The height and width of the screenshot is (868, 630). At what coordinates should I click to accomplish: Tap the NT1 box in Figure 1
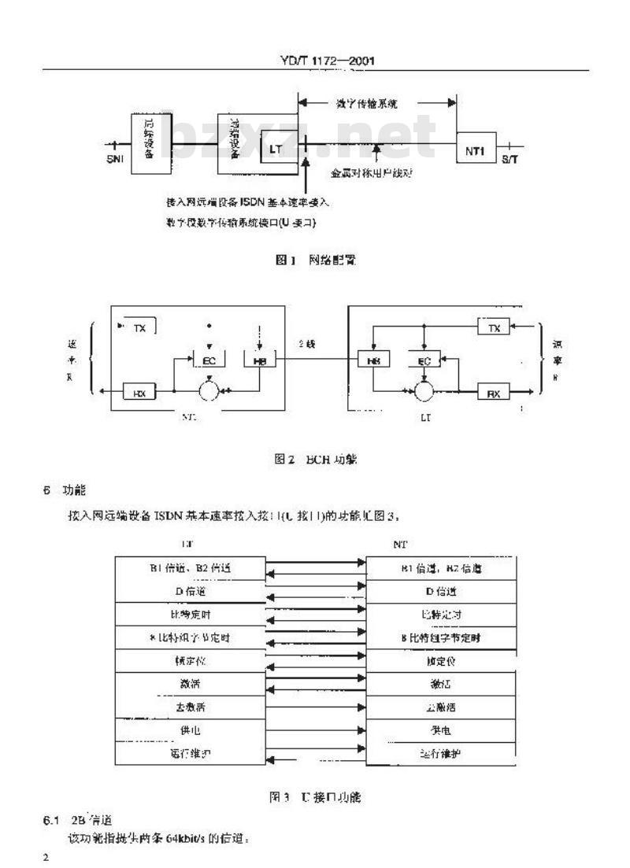point(476,148)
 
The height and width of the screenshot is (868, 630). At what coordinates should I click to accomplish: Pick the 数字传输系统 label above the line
point(375,103)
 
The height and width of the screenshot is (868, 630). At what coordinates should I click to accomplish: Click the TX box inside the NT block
point(140,327)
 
